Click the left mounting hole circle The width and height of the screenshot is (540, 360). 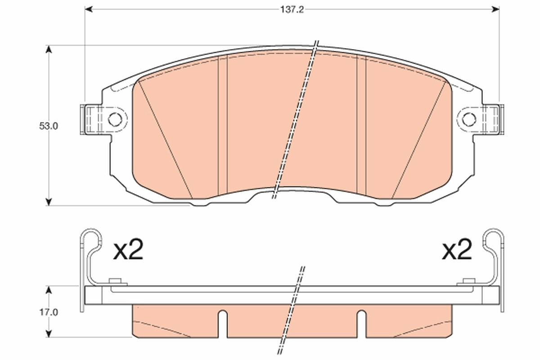tap(115, 119)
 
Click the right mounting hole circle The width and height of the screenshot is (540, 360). tap(469, 119)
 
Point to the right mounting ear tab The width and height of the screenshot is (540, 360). tap(492, 119)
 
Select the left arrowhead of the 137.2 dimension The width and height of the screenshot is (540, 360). tap(89, 9)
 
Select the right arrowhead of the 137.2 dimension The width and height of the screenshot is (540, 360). tap(496, 9)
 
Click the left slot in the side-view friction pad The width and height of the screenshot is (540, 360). tap(223, 324)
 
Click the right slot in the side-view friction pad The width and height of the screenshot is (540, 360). tap(361, 324)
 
